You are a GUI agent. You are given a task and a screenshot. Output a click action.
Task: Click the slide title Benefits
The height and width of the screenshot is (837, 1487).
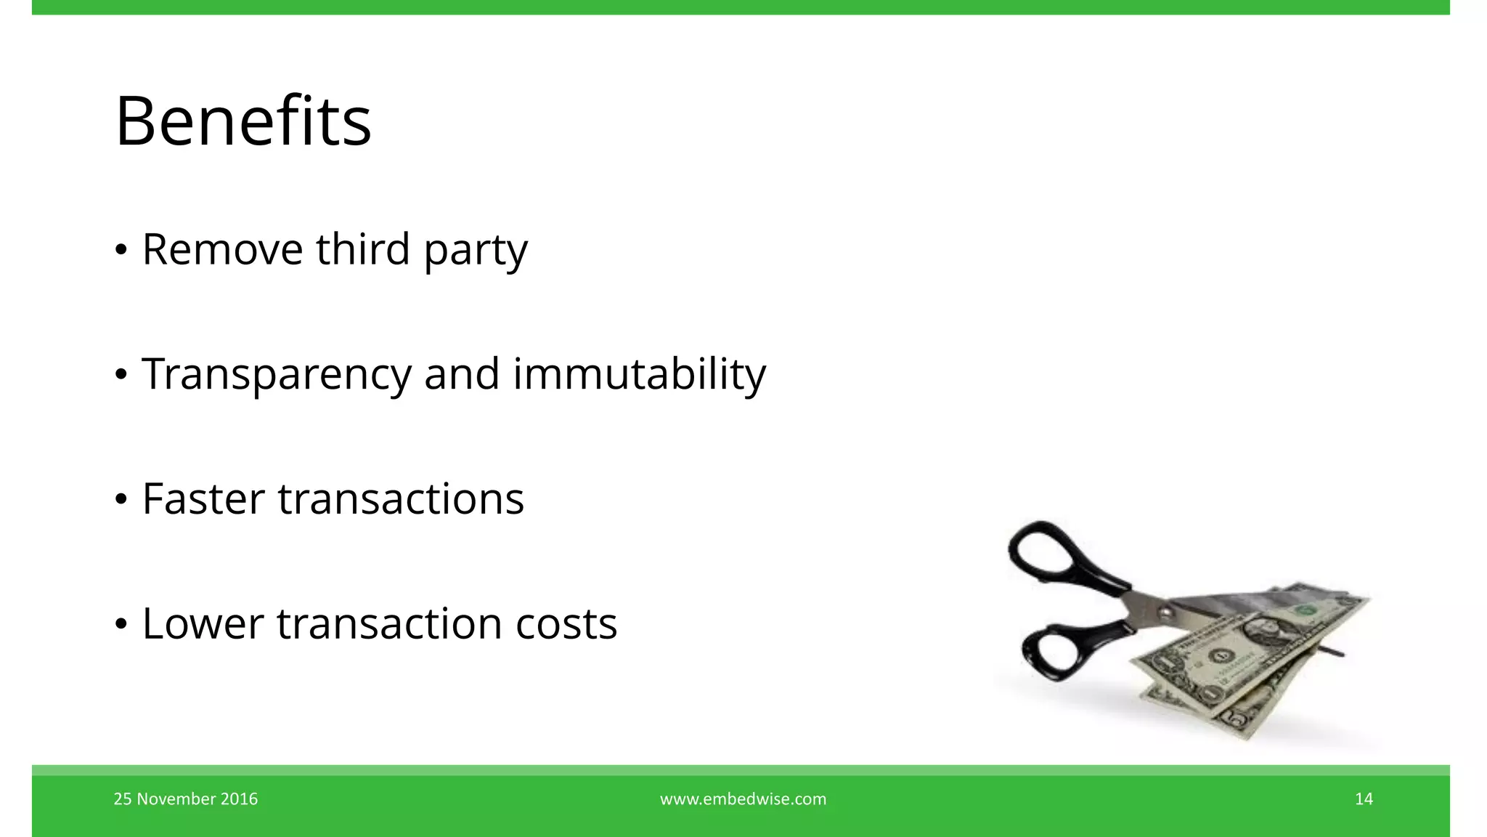tap(243, 121)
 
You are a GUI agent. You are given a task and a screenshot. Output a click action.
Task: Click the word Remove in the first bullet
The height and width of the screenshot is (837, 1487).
tap(222, 249)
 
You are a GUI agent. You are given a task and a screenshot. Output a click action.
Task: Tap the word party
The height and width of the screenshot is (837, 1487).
tap(476, 251)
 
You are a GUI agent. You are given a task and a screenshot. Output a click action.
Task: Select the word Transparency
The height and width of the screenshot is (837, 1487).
tap(277, 375)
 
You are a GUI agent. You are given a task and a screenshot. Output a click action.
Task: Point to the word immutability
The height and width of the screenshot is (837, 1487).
tap(639, 375)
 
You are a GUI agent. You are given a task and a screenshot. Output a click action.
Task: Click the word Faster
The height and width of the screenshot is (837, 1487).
tap(203, 499)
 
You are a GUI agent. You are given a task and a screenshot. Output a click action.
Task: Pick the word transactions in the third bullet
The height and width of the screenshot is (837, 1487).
tap(401, 499)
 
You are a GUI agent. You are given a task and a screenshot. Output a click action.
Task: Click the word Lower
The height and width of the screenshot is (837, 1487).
tap(203, 624)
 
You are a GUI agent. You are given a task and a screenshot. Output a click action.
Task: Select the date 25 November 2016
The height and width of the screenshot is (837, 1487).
tap(186, 799)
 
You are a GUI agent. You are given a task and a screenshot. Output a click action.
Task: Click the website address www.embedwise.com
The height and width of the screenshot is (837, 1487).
tap(743, 799)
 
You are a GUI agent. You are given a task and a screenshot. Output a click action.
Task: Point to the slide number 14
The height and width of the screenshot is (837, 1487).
tap(1364, 799)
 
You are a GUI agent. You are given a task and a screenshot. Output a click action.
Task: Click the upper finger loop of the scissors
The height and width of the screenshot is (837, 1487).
tap(1043, 552)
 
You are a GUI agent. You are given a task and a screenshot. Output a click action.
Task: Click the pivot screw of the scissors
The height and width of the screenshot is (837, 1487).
tap(1164, 612)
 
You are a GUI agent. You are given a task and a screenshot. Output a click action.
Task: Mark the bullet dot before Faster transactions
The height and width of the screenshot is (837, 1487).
tap(121, 500)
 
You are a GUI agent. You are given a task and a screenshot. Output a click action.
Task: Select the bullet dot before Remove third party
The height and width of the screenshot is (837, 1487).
tap(121, 251)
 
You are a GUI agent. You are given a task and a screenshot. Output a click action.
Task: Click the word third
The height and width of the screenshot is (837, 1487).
tap(363, 249)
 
